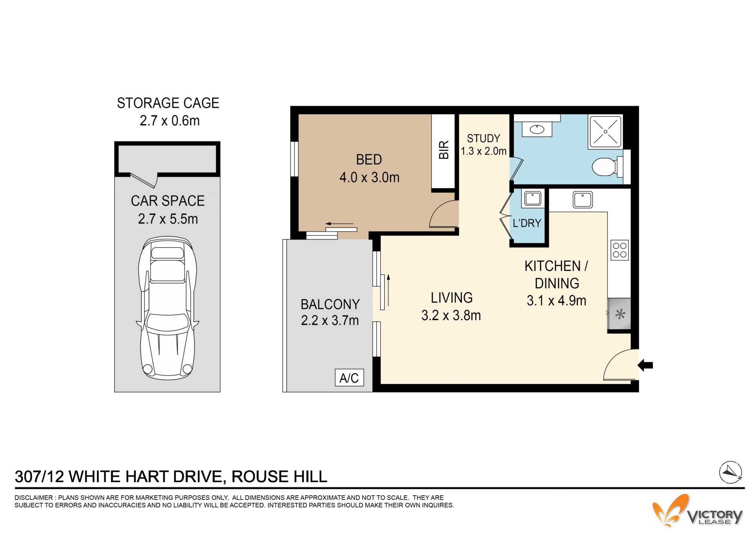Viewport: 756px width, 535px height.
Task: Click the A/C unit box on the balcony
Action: pyautogui.click(x=349, y=378)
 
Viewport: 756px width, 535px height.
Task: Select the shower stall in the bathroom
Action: pyautogui.click(x=605, y=132)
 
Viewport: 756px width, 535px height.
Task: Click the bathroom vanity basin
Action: pyautogui.click(x=537, y=129)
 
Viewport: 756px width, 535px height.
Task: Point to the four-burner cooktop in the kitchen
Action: pyautogui.click(x=620, y=250)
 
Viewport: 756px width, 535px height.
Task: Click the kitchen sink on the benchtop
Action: pyautogui.click(x=583, y=199)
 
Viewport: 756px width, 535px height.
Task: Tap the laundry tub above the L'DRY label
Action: pyautogui.click(x=533, y=198)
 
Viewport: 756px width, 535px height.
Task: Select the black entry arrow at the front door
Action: pyautogui.click(x=645, y=365)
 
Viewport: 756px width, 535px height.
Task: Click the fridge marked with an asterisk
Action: pyautogui.click(x=619, y=314)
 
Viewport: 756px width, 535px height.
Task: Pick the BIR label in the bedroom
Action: pyautogui.click(x=444, y=150)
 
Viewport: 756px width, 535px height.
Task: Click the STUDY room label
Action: pyautogui.click(x=483, y=138)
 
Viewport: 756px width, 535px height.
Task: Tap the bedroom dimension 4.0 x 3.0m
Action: pyautogui.click(x=369, y=177)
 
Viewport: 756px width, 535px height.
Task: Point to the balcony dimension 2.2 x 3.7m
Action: pyautogui.click(x=330, y=321)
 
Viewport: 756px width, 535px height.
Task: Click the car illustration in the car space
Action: pyautogui.click(x=167, y=308)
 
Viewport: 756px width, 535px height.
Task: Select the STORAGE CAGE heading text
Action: pyautogui.click(x=168, y=103)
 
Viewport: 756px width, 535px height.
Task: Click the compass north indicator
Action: pyautogui.click(x=730, y=472)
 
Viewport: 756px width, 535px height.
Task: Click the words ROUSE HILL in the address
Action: pyautogui.click(x=279, y=477)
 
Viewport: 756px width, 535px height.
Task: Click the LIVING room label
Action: pyautogui.click(x=452, y=298)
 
